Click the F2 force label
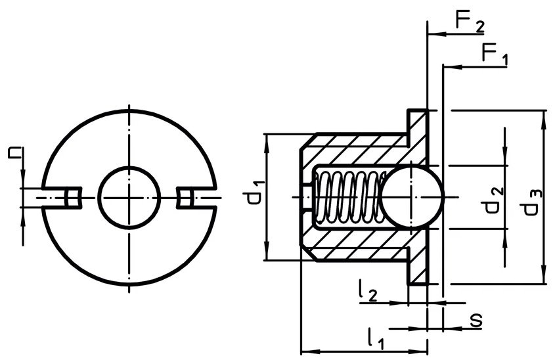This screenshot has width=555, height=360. point(470,22)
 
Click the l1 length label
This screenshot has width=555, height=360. point(376,338)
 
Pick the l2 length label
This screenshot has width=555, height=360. point(368,290)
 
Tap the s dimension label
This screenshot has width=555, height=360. point(476,321)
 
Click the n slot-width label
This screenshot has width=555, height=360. point(15,153)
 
